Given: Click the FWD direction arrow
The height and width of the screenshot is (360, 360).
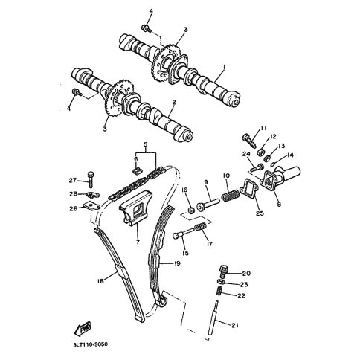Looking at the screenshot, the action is click(x=83, y=329).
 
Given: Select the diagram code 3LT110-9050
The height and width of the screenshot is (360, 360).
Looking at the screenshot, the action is click(x=91, y=344).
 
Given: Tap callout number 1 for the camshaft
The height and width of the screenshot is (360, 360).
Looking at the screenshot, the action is click(x=225, y=67).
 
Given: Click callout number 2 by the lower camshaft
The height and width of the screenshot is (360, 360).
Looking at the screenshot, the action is click(x=174, y=102).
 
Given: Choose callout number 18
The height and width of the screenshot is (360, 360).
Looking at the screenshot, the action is click(x=100, y=281).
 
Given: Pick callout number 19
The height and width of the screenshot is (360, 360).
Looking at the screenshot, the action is click(x=177, y=263).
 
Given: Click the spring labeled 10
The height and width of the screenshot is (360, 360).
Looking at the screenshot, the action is click(x=231, y=195).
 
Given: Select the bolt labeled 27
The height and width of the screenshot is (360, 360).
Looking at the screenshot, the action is click(x=90, y=179).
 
